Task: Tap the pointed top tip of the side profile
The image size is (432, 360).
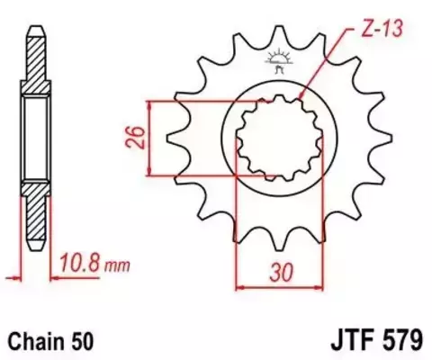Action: [33, 23]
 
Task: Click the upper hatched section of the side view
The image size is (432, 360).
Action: [33, 67]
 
